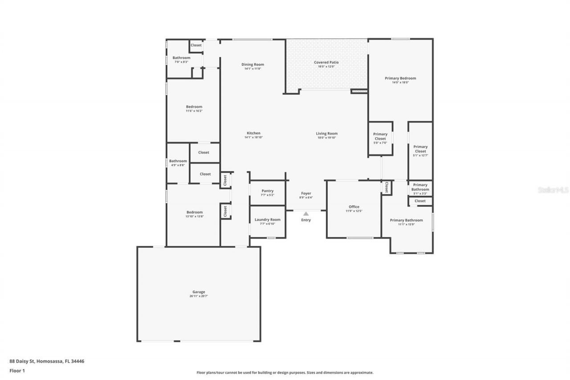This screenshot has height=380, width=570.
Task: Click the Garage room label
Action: pos(199,292)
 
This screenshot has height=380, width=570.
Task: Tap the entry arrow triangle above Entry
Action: pos(306,214)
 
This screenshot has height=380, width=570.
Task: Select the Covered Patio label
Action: pos(326,62)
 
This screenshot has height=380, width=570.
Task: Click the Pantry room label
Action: pos(267,191)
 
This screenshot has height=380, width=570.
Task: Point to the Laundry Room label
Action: pos(267,219)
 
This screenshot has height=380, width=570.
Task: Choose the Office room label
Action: pos(354,207)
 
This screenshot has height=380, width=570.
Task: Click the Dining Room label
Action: pos(252,65)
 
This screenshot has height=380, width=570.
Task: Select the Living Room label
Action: pos(326,133)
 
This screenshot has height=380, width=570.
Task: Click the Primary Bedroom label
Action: pos(400,78)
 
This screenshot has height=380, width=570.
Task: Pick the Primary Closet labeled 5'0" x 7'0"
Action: pos(380,136)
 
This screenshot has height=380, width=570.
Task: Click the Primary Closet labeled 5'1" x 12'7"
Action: pos(420,149)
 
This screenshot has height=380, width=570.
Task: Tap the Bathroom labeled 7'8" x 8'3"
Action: pos(181,58)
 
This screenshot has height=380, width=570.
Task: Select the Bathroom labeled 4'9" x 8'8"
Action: pos(178,161)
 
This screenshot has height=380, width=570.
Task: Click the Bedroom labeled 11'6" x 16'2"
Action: pos(194,107)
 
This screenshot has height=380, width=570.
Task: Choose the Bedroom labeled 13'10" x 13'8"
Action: pos(194,212)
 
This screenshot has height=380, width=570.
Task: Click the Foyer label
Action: pos(306,193)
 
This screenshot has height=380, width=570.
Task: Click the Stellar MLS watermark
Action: pos(553,189)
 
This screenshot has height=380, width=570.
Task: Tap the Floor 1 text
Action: pos(17,370)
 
